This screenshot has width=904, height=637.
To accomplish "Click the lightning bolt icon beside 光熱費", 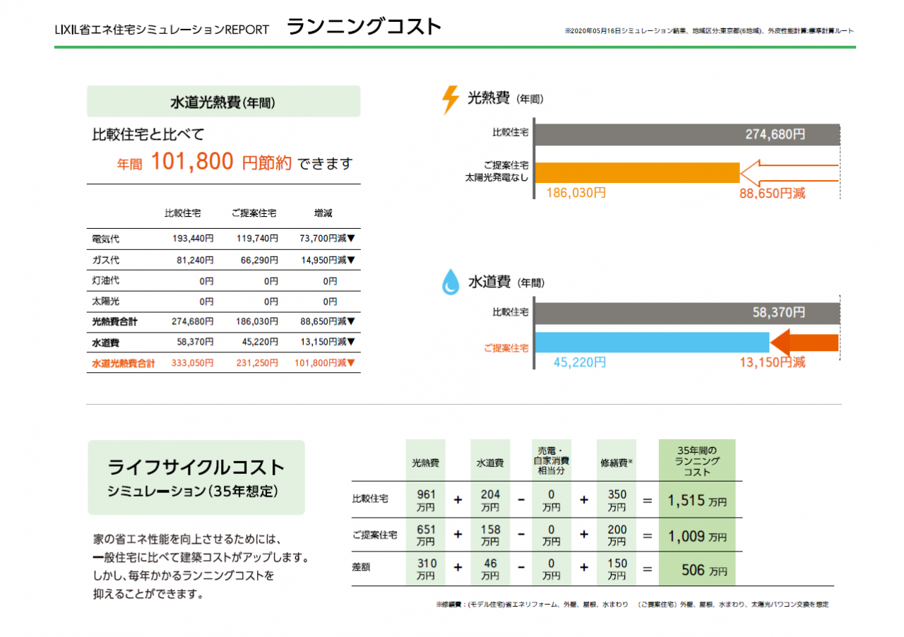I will tap(450, 100).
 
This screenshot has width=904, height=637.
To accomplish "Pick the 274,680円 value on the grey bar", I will tap(775, 134).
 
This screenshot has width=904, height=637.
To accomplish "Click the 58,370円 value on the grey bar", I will tap(778, 312).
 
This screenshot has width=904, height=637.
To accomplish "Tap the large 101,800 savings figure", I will tap(192, 162).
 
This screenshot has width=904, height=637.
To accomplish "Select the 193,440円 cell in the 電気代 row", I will tap(193, 239).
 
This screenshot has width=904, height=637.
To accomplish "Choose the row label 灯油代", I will tap(106, 280).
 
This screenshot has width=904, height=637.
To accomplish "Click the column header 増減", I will tap(323, 213).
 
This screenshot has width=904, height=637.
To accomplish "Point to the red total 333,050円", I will tap(193, 363).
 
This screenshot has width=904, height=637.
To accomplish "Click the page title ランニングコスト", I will tap(364, 27).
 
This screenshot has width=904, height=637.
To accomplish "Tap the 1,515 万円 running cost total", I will tap(696, 500).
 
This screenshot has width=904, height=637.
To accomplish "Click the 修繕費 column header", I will tap(616, 463).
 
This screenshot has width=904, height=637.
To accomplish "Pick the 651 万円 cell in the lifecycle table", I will tap(426, 535).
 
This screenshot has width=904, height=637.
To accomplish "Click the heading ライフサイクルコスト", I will tap(196, 467).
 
